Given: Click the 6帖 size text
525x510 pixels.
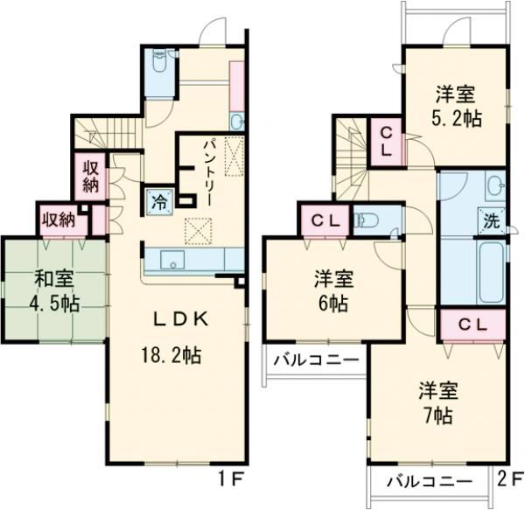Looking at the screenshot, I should point(332,304).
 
